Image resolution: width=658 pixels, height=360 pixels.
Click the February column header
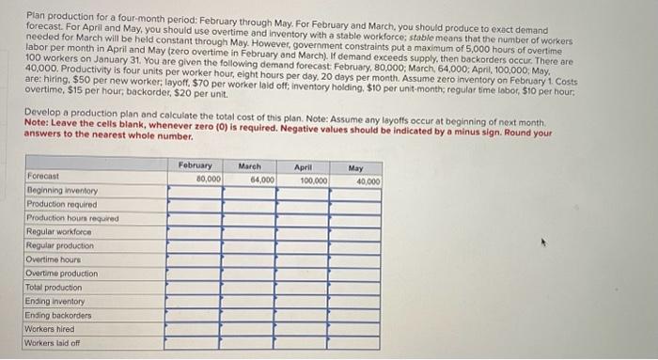[x=195, y=164]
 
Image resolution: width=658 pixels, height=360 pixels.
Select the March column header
[x=249, y=165]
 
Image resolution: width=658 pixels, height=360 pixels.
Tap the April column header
[x=304, y=166]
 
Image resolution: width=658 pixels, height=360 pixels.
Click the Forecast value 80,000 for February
[x=208, y=178]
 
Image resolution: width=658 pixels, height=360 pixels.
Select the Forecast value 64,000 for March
[x=262, y=179]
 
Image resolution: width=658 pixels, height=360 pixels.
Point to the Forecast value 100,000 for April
[x=313, y=180]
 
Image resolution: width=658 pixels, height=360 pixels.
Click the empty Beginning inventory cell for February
[x=195, y=191]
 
